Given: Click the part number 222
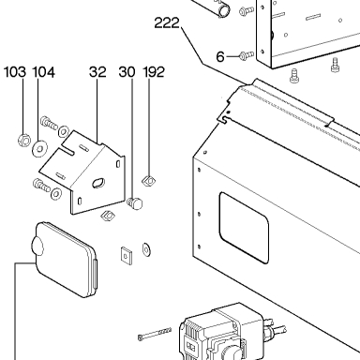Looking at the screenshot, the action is (x=167, y=22).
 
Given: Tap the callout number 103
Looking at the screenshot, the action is (x=15, y=72).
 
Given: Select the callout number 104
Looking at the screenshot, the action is (x=44, y=72).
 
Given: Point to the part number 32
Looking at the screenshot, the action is (x=97, y=72).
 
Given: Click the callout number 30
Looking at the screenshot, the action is (x=127, y=72).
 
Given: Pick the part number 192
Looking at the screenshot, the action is (x=154, y=72).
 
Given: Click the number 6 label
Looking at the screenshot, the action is (x=220, y=57).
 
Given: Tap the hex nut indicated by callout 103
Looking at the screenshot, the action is (x=23, y=140).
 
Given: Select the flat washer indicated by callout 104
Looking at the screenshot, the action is (x=39, y=148).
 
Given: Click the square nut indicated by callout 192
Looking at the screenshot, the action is (x=148, y=181).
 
